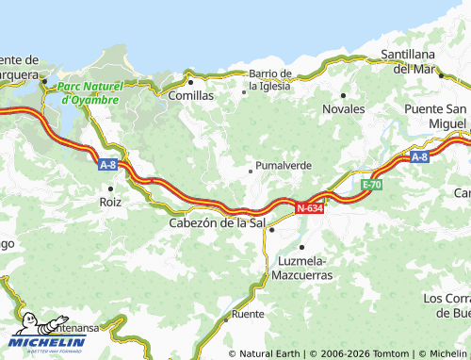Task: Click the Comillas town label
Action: click(x=190, y=95)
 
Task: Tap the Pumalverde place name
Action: click(x=284, y=165)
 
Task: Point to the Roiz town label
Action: click(x=110, y=202)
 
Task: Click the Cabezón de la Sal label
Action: click(x=216, y=223)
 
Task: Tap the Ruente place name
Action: click(x=248, y=313)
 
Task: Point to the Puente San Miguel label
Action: click(x=435, y=116)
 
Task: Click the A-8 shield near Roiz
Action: click(x=108, y=164)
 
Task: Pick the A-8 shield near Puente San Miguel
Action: click(x=420, y=157)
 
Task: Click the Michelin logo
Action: click(x=47, y=335)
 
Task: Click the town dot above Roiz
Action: click(x=110, y=188)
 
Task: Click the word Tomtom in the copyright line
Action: click(x=394, y=353)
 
